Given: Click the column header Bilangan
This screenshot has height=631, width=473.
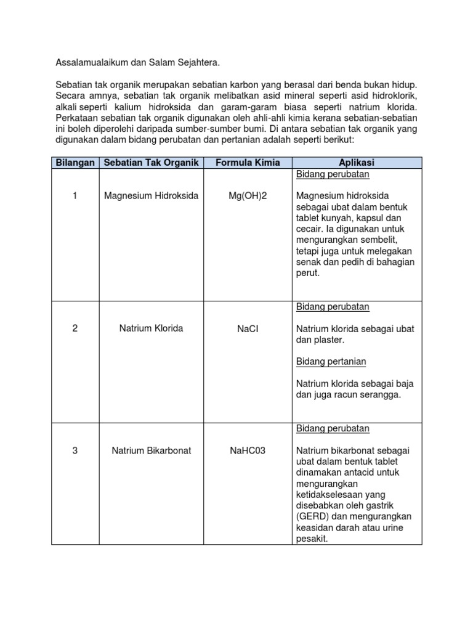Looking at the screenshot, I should point(75,163).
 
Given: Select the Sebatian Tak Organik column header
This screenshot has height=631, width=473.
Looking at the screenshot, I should point(152,163).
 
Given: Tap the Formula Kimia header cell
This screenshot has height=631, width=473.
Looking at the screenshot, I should point(247,163).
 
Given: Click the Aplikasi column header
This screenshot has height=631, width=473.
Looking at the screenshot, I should point(357,163).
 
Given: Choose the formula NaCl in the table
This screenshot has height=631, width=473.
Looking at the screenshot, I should point(248,328).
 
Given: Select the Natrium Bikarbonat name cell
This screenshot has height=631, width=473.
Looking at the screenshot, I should point(152,450).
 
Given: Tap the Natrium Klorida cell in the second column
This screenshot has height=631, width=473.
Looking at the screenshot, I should point(152,328).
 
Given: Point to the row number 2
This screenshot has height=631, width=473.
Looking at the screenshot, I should point(75,328).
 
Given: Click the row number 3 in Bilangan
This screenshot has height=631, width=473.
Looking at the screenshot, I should point(75,450).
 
